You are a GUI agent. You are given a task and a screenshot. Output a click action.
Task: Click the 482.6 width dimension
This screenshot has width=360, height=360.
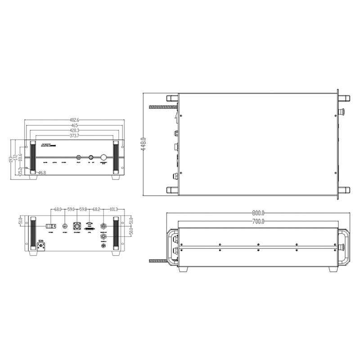tap(75, 120)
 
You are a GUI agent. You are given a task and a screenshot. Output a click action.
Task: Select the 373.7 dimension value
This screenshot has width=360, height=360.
tap(75, 135)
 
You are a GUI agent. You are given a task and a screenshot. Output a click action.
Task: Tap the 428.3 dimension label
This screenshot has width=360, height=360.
tap(75, 130)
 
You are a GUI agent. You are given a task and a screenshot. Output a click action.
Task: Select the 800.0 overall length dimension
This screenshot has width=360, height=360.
tap(258, 212)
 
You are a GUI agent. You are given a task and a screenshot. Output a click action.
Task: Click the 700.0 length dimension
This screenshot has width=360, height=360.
tap(258, 221)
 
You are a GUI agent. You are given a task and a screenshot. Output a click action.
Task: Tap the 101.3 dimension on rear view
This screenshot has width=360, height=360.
tap(113, 209)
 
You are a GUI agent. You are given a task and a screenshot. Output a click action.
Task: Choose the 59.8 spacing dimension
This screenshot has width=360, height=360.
tap(83, 209)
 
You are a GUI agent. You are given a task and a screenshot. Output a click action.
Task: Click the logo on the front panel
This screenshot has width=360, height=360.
tap(47, 146)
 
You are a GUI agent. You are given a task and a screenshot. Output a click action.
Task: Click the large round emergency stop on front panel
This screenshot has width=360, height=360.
tap(103, 157)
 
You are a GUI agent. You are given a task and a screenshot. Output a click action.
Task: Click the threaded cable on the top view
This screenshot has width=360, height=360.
tap(161, 107)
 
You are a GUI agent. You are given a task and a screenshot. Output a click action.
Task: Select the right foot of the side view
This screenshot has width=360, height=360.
tap(333, 269)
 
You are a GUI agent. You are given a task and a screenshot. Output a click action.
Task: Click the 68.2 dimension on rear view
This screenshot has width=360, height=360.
tap(96, 209)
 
